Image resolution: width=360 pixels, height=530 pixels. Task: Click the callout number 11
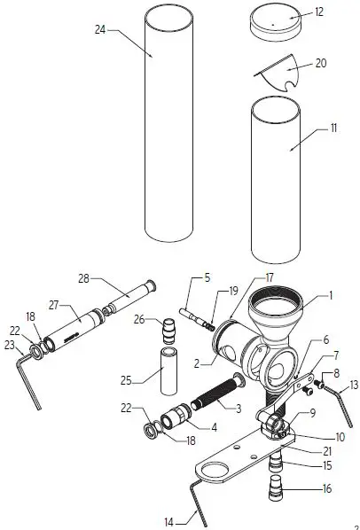tap(333, 128)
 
